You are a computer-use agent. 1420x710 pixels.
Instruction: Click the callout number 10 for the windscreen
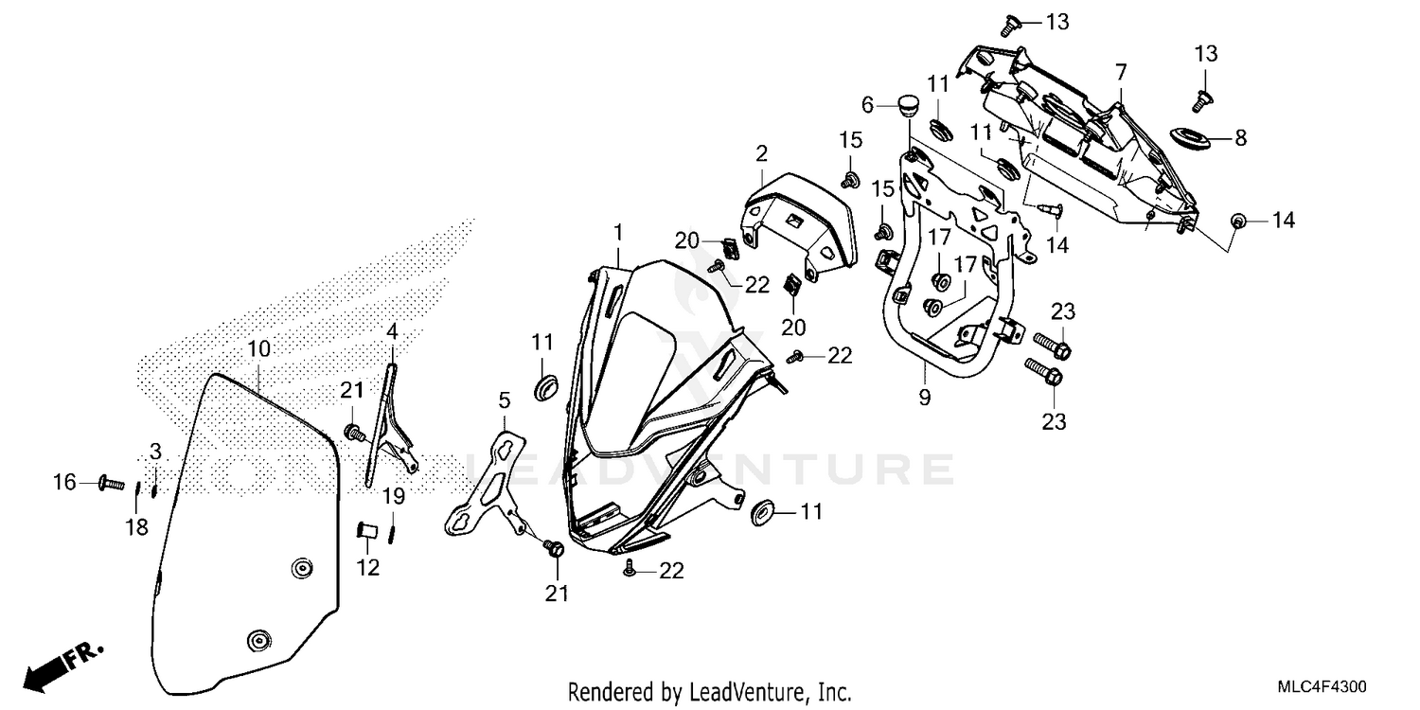click(258, 348)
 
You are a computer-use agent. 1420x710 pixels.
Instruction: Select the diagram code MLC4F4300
click(1322, 687)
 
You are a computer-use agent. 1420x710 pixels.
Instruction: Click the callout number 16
click(64, 483)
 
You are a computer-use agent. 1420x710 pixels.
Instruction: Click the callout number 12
click(367, 567)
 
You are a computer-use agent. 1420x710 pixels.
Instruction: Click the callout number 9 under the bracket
click(925, 398)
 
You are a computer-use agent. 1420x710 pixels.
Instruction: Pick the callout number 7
click(1121, 72)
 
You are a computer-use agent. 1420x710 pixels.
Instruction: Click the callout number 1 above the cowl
click(618, 232)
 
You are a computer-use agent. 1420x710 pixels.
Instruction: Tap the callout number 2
click(761, 152)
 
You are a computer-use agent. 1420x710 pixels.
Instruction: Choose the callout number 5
click(504, 400)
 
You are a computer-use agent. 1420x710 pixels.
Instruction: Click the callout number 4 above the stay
click(392, 331)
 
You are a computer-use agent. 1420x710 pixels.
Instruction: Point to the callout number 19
click(394, 496)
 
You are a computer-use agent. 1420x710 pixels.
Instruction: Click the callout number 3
click(155, 452)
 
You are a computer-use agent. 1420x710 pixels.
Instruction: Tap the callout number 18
click(137, 526)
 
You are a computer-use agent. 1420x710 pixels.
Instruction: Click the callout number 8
click(1240, 137)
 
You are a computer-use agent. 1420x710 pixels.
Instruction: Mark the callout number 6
click(868, 104)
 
